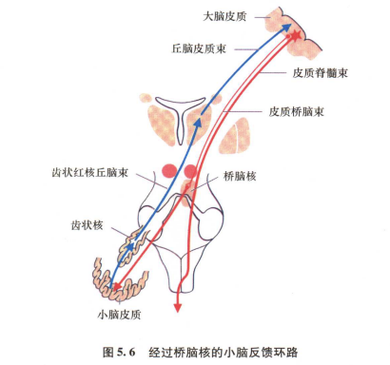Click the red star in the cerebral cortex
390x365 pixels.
pos(295,36)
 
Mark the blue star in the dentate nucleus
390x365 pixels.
pos(130,249)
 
